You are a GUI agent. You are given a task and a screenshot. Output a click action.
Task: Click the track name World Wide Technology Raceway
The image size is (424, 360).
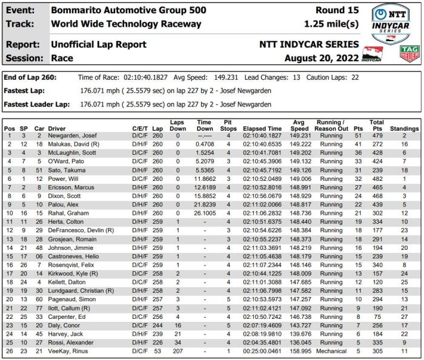pos(126,24)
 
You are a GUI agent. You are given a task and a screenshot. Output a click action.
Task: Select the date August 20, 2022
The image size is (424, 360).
pos(322,58)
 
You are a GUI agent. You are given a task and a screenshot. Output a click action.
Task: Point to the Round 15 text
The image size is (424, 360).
pos(337,10)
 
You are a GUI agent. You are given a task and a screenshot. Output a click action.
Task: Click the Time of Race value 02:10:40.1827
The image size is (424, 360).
pos(146,78)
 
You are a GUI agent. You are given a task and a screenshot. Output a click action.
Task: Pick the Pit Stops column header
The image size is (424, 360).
pos(228,125)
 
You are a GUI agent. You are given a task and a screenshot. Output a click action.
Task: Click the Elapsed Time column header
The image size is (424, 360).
pos(262,129)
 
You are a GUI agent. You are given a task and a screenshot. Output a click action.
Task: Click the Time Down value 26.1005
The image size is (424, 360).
pos(205,214)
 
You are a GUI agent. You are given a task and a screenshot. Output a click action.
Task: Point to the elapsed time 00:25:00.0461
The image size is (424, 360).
pos(263,351)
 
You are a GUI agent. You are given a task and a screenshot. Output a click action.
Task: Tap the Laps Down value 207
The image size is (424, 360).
pos(177,351)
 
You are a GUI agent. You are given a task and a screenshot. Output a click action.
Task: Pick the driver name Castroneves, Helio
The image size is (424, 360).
pos(76,257)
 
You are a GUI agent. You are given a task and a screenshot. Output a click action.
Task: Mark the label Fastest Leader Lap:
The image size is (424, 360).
pos(38,104)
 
